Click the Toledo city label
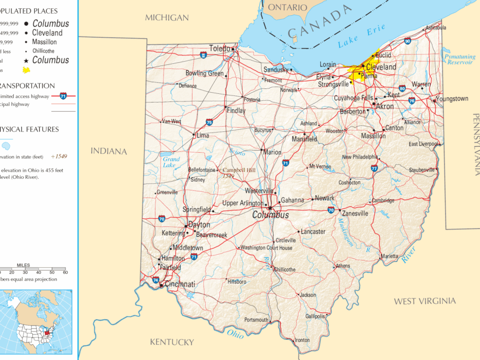point(220,49)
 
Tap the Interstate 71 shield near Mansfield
point(285,163)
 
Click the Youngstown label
point(452,99)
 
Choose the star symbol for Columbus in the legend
point(26,60)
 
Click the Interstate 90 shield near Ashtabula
point(407,41)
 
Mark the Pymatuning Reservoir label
point(459,59)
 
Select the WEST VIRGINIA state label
point(425,301)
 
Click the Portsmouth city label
point(256,320)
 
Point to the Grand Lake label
point(171,162)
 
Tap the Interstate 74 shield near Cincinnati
point(156,280)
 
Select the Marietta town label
point(389,256)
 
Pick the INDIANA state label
point(109,151)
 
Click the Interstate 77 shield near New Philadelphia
point(374,168)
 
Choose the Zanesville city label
point(356,213)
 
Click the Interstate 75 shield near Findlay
point(209,122)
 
